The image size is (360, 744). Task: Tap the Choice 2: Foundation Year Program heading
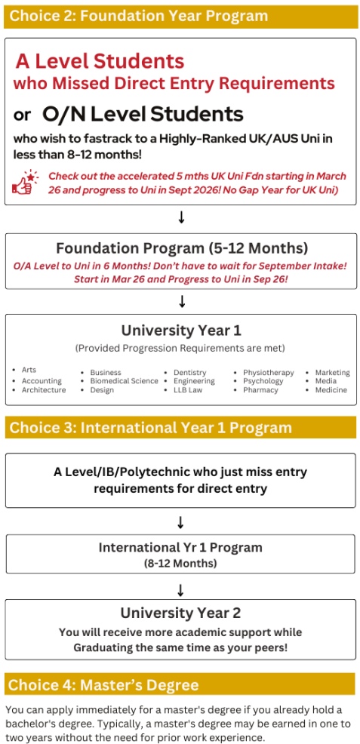(x=139, y=16)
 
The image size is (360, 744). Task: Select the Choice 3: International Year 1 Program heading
(x=150, y=428)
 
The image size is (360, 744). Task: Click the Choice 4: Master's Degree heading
(x=103, y=684)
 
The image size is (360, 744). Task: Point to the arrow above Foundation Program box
(x=180, y=218)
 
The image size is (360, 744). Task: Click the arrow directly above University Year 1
(x=180, y=301)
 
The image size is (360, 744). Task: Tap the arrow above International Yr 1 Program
(x=180, y=522)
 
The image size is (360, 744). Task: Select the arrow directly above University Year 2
(x=180, y=590)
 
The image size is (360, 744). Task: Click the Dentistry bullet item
(x=189, y=373)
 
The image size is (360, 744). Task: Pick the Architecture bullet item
(x=44, y=390)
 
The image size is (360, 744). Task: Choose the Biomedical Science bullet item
(x=125, y=381)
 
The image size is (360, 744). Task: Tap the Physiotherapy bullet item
(x=269, y=373)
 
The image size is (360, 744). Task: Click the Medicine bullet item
(x=331, y=390)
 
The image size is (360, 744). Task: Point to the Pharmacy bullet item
(x=260, y=390)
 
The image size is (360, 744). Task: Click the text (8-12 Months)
(x=180, y=564)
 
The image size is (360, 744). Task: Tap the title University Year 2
(x=180, y=613)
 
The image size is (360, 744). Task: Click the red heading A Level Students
(x=100, y=60)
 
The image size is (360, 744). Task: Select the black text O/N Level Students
(x=143, y=114)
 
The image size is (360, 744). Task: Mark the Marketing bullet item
(x=333, y=373)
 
